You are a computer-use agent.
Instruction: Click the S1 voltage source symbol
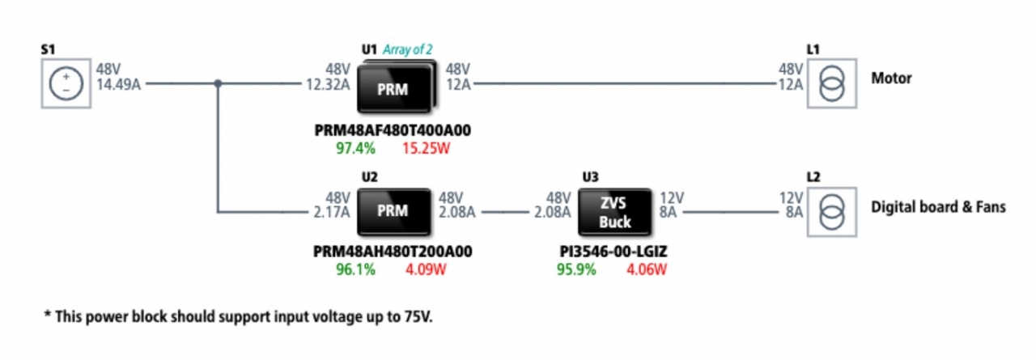tap(66, 83)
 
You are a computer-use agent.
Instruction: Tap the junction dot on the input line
tap(218, 83)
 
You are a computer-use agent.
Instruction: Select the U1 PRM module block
tap(397, 87)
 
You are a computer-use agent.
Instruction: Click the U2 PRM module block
tap(394, 212)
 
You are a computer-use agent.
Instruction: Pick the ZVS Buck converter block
tap(615, 212)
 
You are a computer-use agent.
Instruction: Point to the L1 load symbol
tap(832, 83)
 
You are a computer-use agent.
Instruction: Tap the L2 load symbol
tap(832, 212)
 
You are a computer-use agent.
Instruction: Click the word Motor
tap(891, 78)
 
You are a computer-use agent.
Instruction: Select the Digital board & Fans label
tap(938, 206)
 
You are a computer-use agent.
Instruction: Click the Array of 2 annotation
tap(407, 49)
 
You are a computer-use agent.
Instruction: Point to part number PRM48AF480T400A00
tap(393, 130)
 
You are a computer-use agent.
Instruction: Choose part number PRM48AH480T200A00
tap(393, 252)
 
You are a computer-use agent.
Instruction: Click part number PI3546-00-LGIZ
tap(614, 252)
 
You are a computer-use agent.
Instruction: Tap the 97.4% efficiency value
tap(355, 148)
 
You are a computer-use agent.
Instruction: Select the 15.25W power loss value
tap(426, 148)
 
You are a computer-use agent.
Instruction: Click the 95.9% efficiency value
tap(576, 269)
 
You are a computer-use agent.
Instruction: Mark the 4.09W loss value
tap(426, 269)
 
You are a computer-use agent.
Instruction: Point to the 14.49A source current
tap(118, 85)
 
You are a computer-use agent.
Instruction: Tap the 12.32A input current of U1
tap(328, 85)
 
